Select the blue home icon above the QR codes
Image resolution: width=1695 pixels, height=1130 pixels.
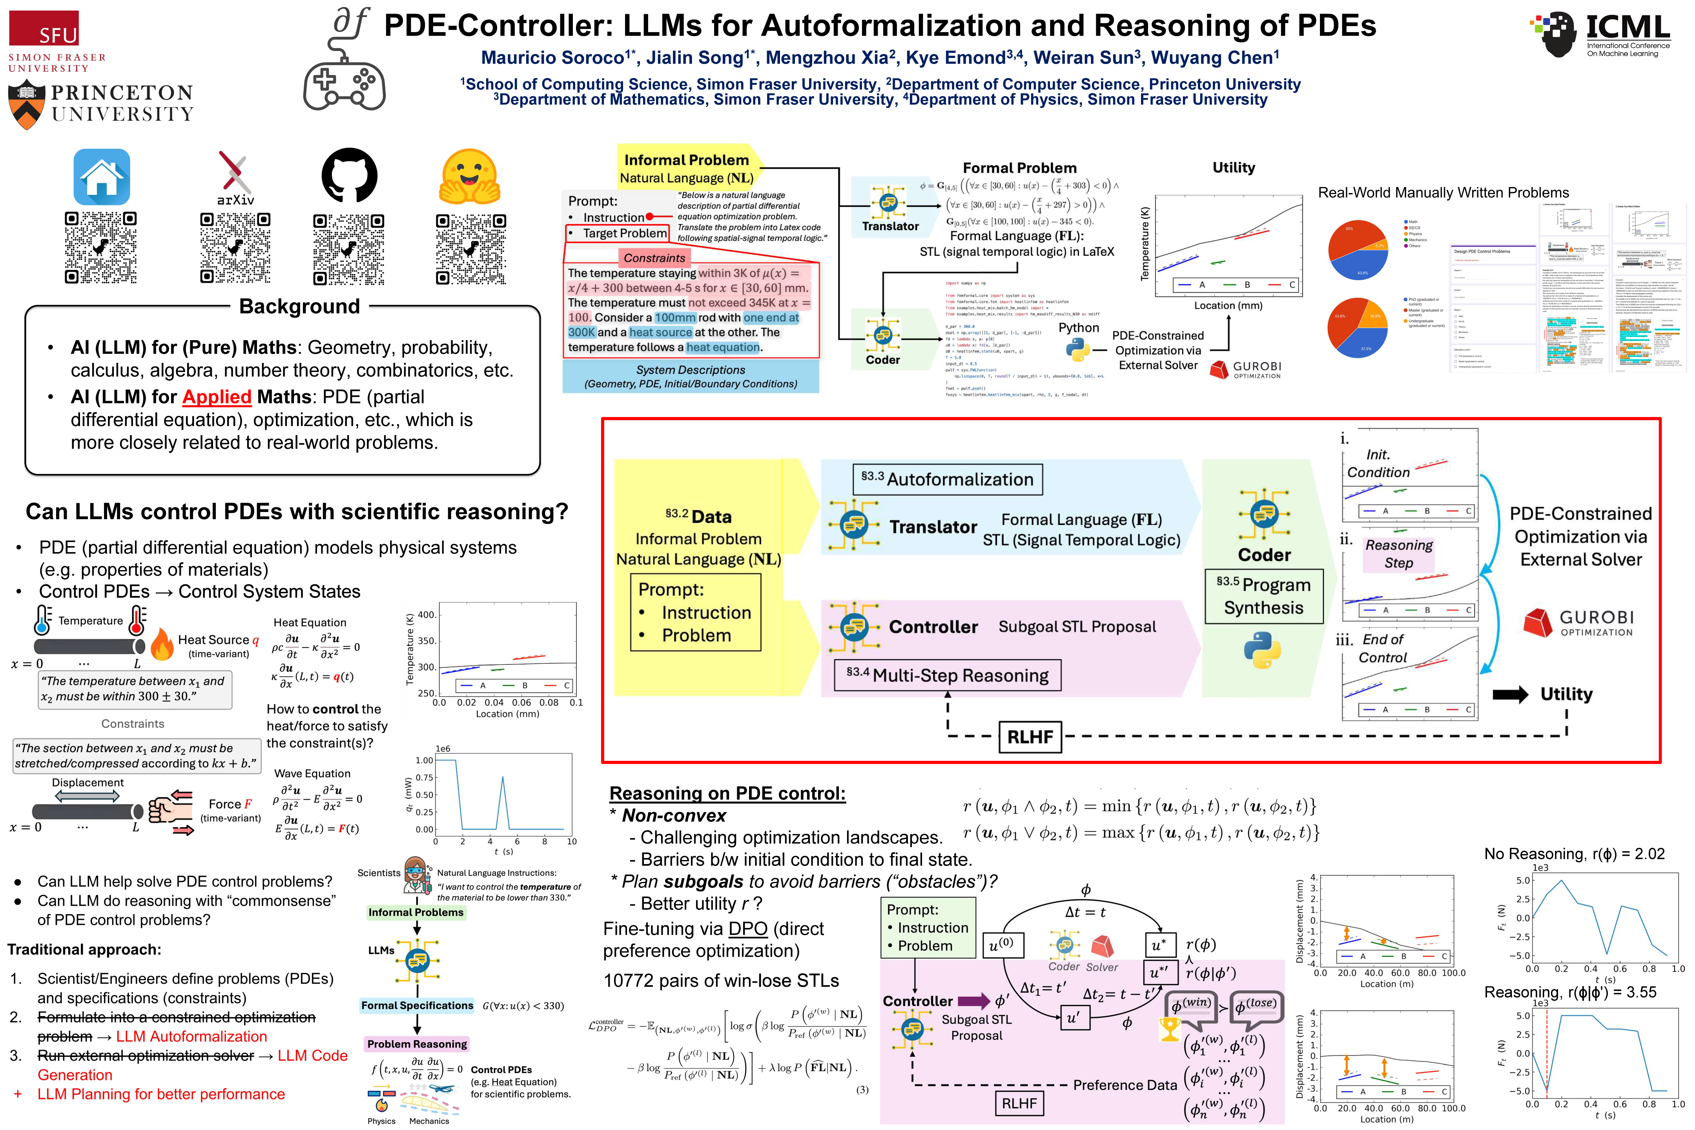tap(102, 177)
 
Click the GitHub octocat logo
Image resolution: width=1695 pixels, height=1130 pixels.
tap(349, 176)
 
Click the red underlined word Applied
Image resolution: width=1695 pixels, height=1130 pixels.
tap(216, 397)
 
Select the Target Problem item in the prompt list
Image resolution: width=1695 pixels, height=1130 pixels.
tap(624, 233)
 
